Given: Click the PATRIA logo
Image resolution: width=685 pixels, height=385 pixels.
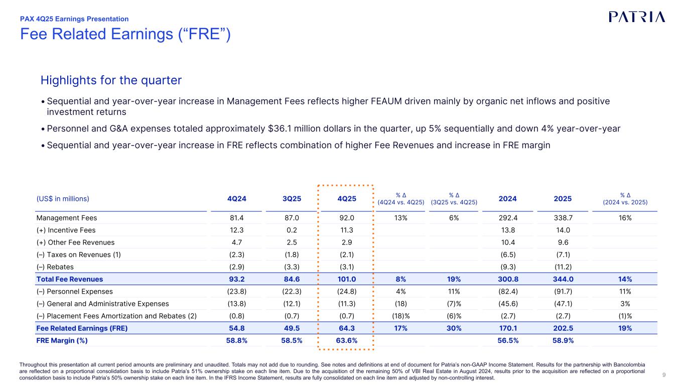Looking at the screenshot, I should tap(637, 17).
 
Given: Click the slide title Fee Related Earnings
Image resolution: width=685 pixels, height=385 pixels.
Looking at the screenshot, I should tap(125, 34).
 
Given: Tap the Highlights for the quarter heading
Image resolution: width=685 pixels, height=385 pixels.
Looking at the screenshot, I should tap(111, 80).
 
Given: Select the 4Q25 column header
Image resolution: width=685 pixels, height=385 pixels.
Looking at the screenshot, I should tap(346, 198).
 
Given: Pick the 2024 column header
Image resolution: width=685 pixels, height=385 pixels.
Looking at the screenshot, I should tap(508, 198).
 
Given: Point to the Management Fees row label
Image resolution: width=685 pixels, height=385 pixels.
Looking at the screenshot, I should tap(67, 218).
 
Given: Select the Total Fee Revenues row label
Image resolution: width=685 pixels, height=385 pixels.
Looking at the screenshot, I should tap(70, 279).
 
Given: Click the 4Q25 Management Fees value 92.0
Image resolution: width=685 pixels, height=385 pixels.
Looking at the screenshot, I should tap(346, 218).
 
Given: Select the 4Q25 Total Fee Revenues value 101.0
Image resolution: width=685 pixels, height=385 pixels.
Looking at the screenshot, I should tap(346, 279).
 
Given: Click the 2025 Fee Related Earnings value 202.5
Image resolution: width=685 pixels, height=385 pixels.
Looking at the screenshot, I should tap(563, 328).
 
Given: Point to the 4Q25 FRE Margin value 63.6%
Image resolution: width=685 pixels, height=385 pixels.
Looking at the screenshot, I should tap(346, 340).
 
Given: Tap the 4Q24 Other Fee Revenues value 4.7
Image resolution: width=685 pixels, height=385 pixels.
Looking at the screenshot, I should tap(236, 242).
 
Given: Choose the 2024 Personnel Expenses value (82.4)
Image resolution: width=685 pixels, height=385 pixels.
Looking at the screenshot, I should tap(508, 291).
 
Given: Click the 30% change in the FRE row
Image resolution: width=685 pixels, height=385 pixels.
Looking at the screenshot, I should tap(454, 328).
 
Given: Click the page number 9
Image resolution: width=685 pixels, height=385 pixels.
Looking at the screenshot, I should tap(664, 374).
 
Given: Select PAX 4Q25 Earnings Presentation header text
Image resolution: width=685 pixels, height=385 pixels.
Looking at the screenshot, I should tap(74, 19).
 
